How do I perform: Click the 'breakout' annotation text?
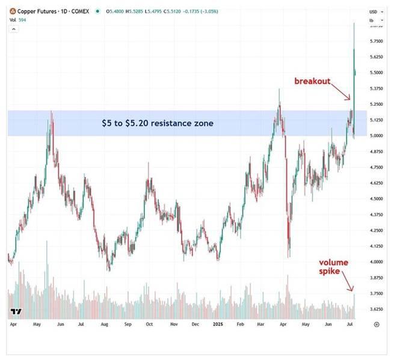point(312,81)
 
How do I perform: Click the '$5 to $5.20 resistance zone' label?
point(157,123)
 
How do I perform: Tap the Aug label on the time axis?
point(103,324)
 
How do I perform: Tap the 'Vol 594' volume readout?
point(17,19)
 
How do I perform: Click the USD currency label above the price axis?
point(374,11)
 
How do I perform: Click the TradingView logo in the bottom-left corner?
point(16,312)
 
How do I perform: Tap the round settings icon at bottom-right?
point(376,324)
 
